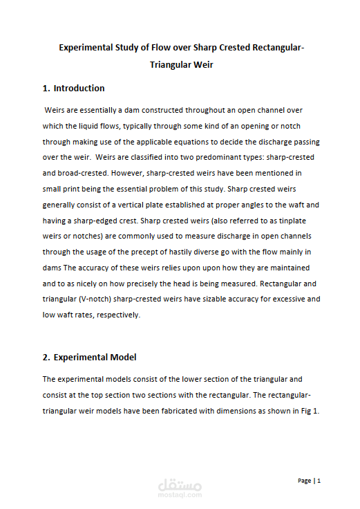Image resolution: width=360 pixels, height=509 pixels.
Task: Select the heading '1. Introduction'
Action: point(73,89)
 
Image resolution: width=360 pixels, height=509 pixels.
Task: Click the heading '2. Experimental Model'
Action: point(89,358)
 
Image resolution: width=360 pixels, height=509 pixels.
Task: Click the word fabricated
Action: point(180,411)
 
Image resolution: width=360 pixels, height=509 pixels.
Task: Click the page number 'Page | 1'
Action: point(309,480)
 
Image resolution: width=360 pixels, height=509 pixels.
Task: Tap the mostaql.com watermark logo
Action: point(179,486)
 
